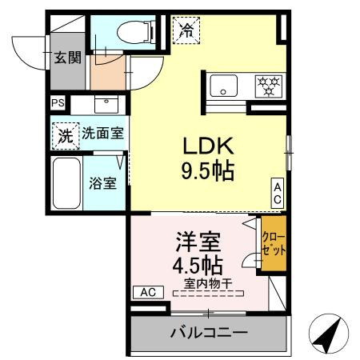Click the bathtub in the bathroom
[x=65, y=182]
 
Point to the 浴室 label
[x=102, y=183]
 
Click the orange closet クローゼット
[x=274, y=244]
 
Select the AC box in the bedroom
[x=148, y=292]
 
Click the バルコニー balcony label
[x=208, y=331]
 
